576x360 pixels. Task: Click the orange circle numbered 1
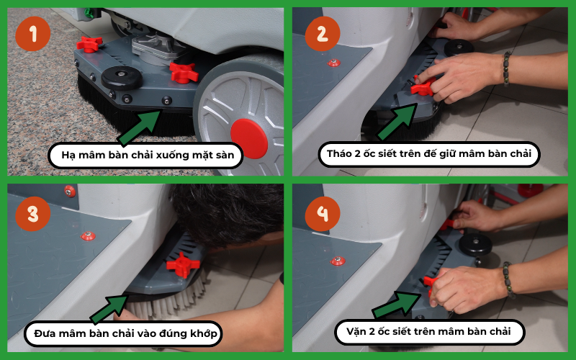coord(32,33)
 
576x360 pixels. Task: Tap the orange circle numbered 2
coord(322,33)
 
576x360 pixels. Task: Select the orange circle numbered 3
coord(32,214)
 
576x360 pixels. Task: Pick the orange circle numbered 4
coord(322,214)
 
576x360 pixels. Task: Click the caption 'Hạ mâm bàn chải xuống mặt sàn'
coord(148,155)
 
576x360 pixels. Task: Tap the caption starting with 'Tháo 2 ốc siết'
coord(429,153)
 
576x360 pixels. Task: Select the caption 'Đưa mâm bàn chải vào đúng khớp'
coord(125,333)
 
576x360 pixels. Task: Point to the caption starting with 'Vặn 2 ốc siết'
coord(428,331)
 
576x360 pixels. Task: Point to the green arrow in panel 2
coord(397,121)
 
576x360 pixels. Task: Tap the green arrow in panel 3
coord(109,309)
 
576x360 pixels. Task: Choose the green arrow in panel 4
coord(397,305)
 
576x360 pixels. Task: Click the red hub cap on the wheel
coord(249,138)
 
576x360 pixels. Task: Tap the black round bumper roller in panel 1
coord(122,78)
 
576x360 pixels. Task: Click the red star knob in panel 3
coord(183,264)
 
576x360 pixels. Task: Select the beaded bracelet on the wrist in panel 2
coord(507,68)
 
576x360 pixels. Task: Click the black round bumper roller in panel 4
coord(475,244)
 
